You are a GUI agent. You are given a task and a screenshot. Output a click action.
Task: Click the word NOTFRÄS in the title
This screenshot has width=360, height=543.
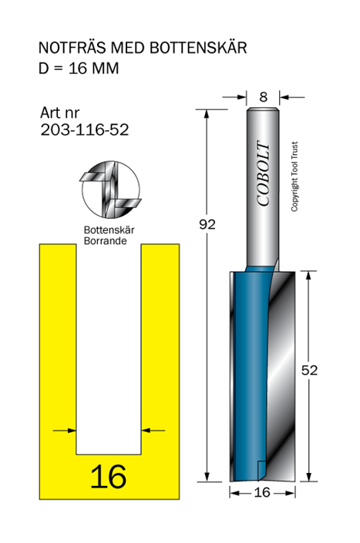[x=72, y=48]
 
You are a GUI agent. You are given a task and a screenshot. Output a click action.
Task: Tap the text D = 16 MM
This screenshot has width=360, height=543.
[x=79, y=69]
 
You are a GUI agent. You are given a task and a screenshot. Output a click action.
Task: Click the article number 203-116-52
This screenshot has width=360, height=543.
[x=85, y=130]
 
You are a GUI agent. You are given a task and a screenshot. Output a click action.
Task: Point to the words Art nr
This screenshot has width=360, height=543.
[x=59, y=112]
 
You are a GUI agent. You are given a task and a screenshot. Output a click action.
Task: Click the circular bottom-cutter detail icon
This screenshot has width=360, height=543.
[x=111, y=189]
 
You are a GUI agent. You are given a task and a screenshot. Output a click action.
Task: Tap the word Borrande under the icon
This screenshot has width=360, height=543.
[x=106, y=241]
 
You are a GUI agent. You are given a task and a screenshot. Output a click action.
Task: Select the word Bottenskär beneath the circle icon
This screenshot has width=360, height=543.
[x=109, y=230]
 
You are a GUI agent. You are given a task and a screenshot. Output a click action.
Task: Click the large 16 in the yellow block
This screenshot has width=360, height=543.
[x=109, y=477]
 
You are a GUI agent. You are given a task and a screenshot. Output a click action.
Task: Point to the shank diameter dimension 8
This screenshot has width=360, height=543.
[x=264, y=97]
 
